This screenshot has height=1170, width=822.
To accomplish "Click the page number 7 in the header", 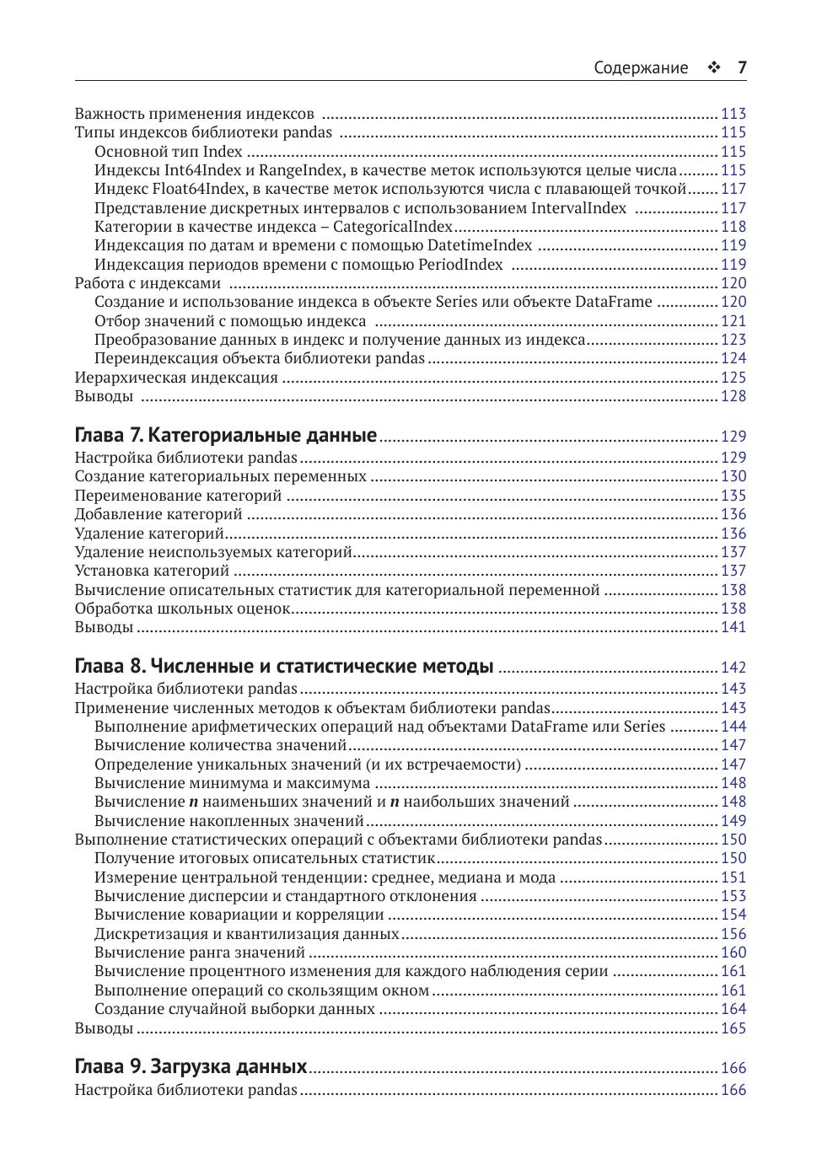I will [x=742, y=68].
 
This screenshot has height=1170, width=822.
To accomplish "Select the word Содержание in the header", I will [x=641, y=68].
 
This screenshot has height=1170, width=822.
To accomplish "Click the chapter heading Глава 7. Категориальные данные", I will [x=226, y=436].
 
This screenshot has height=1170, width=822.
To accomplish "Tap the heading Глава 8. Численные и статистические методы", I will [x=284, y=666].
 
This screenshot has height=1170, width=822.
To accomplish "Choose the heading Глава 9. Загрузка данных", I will [x=191, y=1066].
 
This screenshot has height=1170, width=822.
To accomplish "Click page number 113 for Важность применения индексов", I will [x=733, y=114].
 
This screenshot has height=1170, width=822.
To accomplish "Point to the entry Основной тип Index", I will [x=169, y=152].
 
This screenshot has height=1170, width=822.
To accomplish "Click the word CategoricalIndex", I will [x=393, y=227].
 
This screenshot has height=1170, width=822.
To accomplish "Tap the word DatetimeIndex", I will [x=480, y=245].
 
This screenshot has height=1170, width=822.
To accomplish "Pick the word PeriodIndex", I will [x=460, y=265].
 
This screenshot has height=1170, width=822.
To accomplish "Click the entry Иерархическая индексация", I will [x=176, y=378].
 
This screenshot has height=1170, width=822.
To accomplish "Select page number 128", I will [x=733, y=396].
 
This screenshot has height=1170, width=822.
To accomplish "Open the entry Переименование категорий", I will [x=178, y=496].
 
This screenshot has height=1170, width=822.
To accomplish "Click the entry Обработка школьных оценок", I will [x=182, y=609].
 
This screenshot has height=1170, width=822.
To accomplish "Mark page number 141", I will [x=733, y=627].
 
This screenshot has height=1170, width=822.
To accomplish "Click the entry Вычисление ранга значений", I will [x=200, y=953].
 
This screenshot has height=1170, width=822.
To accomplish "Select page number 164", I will [x=733, y=1009].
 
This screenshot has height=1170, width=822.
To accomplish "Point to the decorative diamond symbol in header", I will [x=713, y=68].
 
